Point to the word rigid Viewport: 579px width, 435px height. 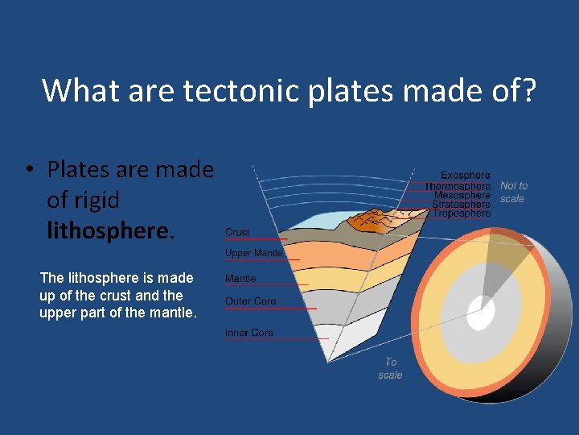coord(95,200)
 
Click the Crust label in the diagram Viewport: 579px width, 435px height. coord(237,232)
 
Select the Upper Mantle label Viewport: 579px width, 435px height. coord(253,253)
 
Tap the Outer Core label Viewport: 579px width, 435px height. coord(250,301)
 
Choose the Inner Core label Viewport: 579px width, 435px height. coord(249,333)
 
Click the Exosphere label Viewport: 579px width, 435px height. coord(465,175)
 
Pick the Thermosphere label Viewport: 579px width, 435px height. coord(458,185)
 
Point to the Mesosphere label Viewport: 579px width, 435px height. coord(462,195)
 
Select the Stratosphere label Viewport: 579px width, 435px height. coord(461,205)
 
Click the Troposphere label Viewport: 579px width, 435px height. coord(462,213)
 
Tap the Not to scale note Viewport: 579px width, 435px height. coord(514,192)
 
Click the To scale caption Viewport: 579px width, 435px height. coord(390,368)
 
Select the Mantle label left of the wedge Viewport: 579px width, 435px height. coord(240,279)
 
